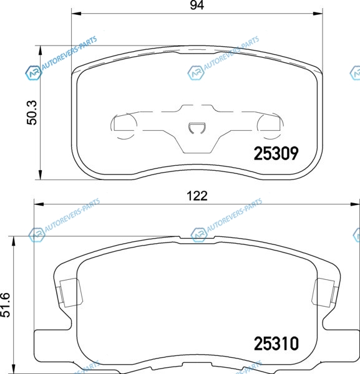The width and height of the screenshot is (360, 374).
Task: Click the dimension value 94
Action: [x=197, y=5]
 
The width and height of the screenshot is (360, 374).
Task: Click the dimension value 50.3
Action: [x=32, y=113]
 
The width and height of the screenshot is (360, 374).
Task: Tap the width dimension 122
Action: [x=197, y=196]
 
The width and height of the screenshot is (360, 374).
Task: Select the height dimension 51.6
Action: [x=5, y=305]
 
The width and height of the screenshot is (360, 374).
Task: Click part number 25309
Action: [x=276, y=153]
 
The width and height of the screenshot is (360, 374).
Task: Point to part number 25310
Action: [x=276, y=343]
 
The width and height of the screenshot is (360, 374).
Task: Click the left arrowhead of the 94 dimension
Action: [x=77, y=13]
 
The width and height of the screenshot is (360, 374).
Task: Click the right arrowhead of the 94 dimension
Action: [x=318, y=13]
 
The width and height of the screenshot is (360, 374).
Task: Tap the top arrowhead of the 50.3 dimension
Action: [x=40, y=50]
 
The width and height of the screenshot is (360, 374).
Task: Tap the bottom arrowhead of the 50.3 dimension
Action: [x=40, y=175]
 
